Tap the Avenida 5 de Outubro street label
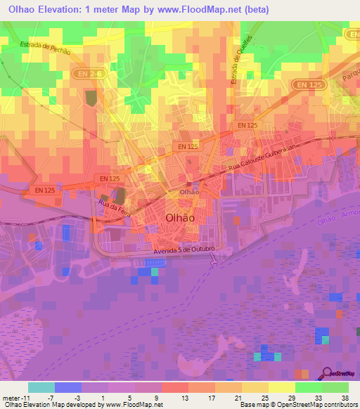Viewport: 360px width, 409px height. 183,252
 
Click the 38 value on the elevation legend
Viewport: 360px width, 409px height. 344,397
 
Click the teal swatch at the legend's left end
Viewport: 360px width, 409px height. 41,387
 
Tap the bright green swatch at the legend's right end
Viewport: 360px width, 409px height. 335,387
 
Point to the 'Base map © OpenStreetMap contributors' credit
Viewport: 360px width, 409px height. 297,405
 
